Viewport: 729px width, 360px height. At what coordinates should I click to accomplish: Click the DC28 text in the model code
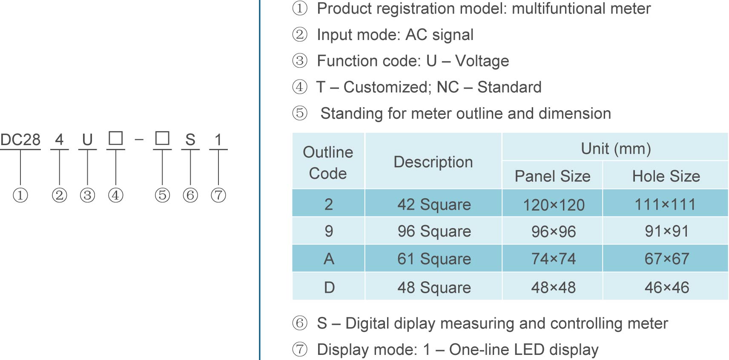(20, 140)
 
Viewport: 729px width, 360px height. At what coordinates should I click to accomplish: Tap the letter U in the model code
(87, 140)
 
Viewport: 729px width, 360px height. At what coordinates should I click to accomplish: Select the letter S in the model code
(190, 140)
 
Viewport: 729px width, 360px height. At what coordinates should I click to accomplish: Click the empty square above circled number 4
(115, 138)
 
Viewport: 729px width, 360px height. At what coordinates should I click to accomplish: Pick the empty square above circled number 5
(162, 138)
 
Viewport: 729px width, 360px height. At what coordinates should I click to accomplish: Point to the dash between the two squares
(139, 140)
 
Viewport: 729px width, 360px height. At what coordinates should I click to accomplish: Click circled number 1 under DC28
(20, 195)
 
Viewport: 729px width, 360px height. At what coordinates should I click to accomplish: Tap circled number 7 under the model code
(218, 195)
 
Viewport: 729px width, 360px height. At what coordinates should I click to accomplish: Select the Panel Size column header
(552, 176)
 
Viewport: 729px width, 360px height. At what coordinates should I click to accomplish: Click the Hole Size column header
(666, 176)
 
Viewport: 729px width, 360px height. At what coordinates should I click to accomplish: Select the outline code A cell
(329, 259)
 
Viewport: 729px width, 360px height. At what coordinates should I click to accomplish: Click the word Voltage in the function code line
(482, 61)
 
